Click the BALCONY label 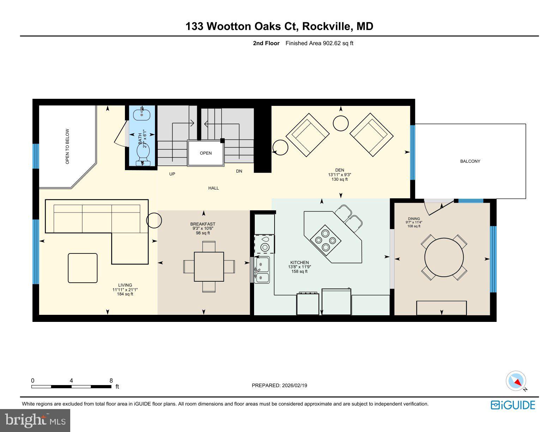click(x=470, y=161)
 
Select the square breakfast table click(x=209, y=266)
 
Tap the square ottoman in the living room click(x=83, y=268)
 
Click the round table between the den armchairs click(x=341, y=123)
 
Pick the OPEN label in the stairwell click(x=206, y=153)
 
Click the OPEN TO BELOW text click(x=67, y=146)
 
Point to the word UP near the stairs click(x=172, y=174)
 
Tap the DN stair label click(x=239, y=171)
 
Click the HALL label click(x=214, y=188)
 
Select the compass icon click(x=516, y=381)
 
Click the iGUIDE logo click(x=513, y=405)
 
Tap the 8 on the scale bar click(x=111, y=380)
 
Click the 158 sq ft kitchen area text click(x=299, y=271)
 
